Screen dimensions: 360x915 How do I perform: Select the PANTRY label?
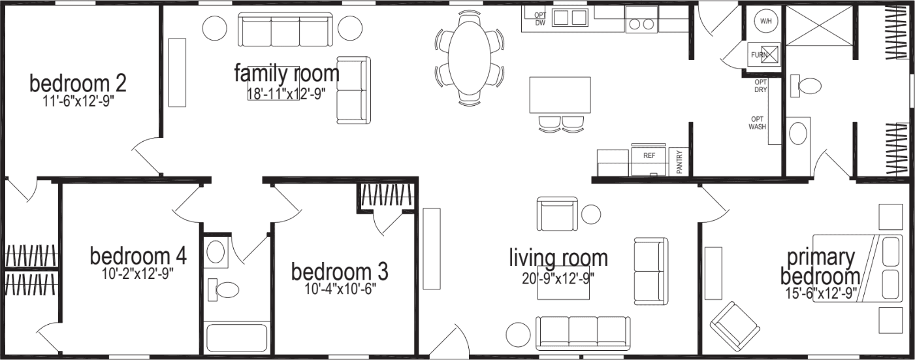pyautogui.click(x=679, y=162)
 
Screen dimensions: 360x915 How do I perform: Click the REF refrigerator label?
pyautogui.click(x=649, y=156)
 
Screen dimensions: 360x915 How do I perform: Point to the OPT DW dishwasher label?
pyautogui.click(x=540, y=18)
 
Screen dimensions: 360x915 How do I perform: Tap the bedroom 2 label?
pyautogui.click(x=78, y=84)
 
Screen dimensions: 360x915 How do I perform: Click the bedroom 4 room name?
pyautogui.click(x=138, y=255)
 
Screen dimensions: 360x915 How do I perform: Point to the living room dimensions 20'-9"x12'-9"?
pyautogui.click(x=558, y=278)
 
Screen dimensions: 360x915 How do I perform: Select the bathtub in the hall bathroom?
pyautogui.click(x=237, y=338)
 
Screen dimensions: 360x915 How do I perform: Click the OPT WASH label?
pyautogui.click(x=758, y=123)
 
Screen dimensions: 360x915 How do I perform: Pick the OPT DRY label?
pyautogui.click(x=760, y=86)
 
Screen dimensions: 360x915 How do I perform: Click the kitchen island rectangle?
pyautogui.click(x=560, y=95)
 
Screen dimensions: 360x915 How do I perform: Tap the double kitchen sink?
pyautogui.click(x=569, y=18)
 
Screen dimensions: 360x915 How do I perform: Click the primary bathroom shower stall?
pyautogui.click(x=820, y=26)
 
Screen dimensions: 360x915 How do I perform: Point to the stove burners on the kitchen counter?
pyautogui.click(x=641, y=24)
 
